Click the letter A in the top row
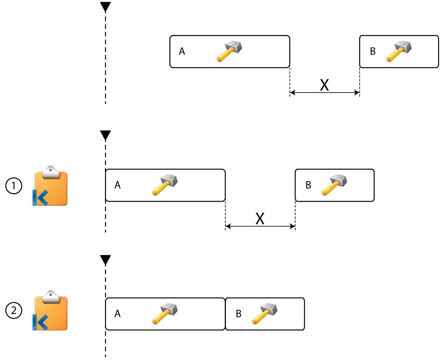[182, 52]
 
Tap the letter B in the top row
[373, 52]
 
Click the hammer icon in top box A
[229, 51]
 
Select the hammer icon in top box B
[399, 51]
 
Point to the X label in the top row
[324, 85]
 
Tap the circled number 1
[14, 186]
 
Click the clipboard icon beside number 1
[51, 186]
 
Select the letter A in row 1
[117, 185]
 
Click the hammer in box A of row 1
[165, 185]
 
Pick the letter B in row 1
[308, 185]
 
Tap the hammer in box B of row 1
[334, 185]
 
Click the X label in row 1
[260, 219]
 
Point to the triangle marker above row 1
[105, 135]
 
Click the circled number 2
[14, 310]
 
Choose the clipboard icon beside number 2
[51, 311]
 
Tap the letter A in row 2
[117, 314]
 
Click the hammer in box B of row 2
[265, 314]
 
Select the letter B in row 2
[239, 314]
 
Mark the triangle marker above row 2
[105, 260]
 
